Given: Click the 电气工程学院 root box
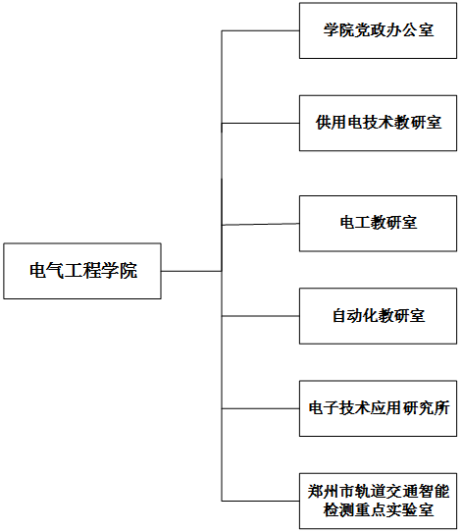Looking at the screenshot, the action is click(x=82, y=271).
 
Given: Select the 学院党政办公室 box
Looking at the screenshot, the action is click(x=378, y=30).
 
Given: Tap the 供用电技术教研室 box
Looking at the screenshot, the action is click(x=378, y=123).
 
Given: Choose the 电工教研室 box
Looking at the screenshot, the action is click(x=378, y=223).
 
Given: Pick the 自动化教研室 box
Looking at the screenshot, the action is click(x=378, y=316).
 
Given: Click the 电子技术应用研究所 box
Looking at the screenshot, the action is click(x=378, y=408).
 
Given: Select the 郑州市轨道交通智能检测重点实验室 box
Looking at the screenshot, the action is click(x=378, y=501).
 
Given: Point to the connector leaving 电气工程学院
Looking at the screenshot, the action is click(x=191, y=271).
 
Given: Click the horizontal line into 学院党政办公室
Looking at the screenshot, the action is click(x=260, y=30).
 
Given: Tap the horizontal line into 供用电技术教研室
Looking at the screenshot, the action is click(x=260, y=123).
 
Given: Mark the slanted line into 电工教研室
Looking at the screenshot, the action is click(x=260, y=224).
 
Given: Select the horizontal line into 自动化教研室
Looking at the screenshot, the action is click(x=260, y=316).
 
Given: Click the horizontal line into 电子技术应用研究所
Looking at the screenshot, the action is click(x=260, y=408).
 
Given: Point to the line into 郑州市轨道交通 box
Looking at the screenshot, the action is click(x=260, y=501).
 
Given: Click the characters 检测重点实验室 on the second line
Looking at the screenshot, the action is click(x=379, y=510).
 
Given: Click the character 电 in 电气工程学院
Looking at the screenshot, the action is click(x=37, y=271).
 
